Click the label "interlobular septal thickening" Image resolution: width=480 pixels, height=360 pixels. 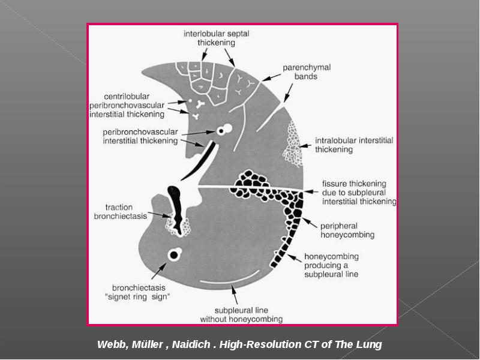[217, 38]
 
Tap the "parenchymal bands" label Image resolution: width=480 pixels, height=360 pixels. [307, 71]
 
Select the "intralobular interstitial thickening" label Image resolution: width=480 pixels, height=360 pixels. [354, 145]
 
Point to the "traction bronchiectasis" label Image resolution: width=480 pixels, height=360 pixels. [121, 212]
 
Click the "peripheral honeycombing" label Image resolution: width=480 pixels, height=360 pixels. [347, 230]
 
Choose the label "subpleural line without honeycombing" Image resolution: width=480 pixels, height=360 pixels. [241, 314]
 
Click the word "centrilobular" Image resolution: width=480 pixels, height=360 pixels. [127, 97]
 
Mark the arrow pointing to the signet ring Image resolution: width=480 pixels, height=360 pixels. [159, 271]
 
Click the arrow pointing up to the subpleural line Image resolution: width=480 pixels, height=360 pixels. [234, 295]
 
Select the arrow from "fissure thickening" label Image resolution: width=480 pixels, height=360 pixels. [311, 191]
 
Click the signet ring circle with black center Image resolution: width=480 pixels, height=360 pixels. [174, 254]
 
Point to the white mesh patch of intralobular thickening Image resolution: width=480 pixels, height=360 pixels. [292, 144]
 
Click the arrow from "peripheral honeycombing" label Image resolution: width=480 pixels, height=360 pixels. [310, 223]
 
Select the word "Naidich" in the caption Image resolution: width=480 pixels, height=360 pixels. [191, 344]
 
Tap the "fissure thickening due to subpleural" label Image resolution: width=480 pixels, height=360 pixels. [354, 188]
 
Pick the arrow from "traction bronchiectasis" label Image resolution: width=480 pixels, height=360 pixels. [160, 215]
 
